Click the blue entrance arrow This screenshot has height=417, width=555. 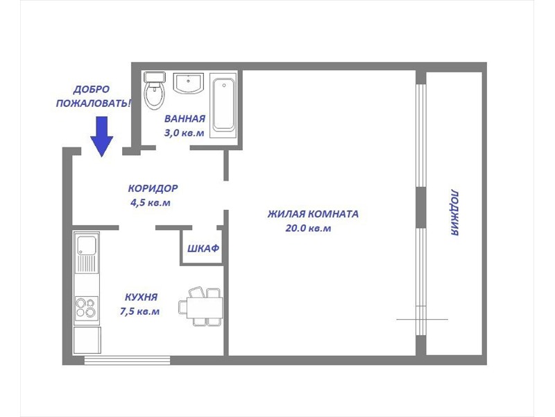pyautogui.click(x=101, y=136)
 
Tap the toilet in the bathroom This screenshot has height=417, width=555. pyautogui.click(x=155, y=90)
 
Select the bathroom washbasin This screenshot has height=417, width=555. pyautogui.click(x=188, y=83)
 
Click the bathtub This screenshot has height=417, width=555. pyautogui.click(x=223, y=106)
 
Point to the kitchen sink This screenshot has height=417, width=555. pyautogui.click(x=86, y=252)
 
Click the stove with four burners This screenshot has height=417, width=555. pyautogui.click(x=86, y=308)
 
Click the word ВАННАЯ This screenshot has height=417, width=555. pyautogui.click(x=185, y=118)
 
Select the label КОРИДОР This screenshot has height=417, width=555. pyautogui.click(x=153, y=188)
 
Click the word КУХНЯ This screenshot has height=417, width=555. pyautogui.click(x=142, y=297)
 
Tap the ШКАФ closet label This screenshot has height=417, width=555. pyautogui.click(x=203, y=249)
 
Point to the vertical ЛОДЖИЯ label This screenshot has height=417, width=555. pyautogui.click(x=455, y=213)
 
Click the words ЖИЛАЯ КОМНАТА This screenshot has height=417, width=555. pyautogui.click(x=313, y=214)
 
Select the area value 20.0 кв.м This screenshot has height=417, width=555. pyautogui.click(x=308, y=228)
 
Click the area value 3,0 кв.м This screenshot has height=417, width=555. pyautogui.click(x=184, y=133)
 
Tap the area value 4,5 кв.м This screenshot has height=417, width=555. pyautogui.click(x=151, y=202)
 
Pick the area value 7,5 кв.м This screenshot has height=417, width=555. pyautogui.click(x=140, y=311)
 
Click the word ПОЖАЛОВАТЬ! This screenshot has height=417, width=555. pyautogui.click(x=94, y=104)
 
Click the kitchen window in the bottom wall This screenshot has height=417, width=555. pyautogui.click(x=128, y=360)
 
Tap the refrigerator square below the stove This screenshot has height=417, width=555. pyautogui.click(x=87, y=340)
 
